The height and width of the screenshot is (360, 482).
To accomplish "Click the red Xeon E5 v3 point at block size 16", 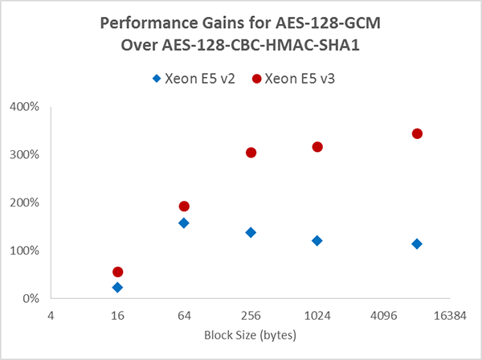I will click(118, 272).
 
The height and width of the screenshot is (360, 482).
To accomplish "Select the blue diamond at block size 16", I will click(118, 287).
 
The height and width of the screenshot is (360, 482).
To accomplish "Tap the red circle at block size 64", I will click(184, 207).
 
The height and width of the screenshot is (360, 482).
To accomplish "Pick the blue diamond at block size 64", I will click(184, 223).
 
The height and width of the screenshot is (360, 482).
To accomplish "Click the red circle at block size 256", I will click(251, 153).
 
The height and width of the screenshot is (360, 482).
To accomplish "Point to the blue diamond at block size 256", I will click(251, 232).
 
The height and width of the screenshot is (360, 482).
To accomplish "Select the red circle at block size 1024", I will click(317, 147).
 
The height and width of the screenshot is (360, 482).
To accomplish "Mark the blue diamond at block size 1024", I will click(317, 240).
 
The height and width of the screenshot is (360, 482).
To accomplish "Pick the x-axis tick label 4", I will click(51, 316).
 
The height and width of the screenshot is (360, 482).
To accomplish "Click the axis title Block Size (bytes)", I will click(251, 334).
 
